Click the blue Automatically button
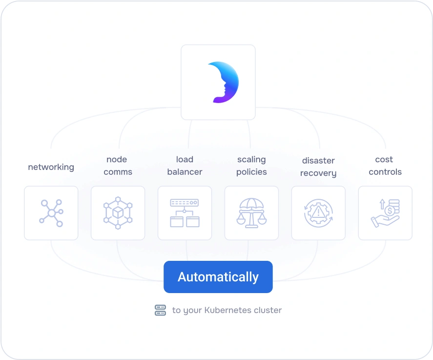click(x=218, y=277)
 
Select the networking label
click(x=51, y=167)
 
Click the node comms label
click(x=117, y=166)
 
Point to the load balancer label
click(x=185, y=166)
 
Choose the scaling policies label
click(x=251, y=166)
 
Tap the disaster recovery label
click(x=318, y=167)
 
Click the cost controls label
click(x=385, y=166)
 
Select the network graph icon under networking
click(x=51, y=213)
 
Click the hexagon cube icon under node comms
click(x=118, y=213)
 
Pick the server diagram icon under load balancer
click(x=185, y=213)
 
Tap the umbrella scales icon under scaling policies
click(x=251, y=213)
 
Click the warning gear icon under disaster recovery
click(x=318, y=213)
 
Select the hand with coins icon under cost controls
click(x=385, y=213)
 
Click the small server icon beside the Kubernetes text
click(x=160, y=310)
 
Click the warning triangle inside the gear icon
click(x=318, y=212)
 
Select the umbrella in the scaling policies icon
click(x=251, y=204)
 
